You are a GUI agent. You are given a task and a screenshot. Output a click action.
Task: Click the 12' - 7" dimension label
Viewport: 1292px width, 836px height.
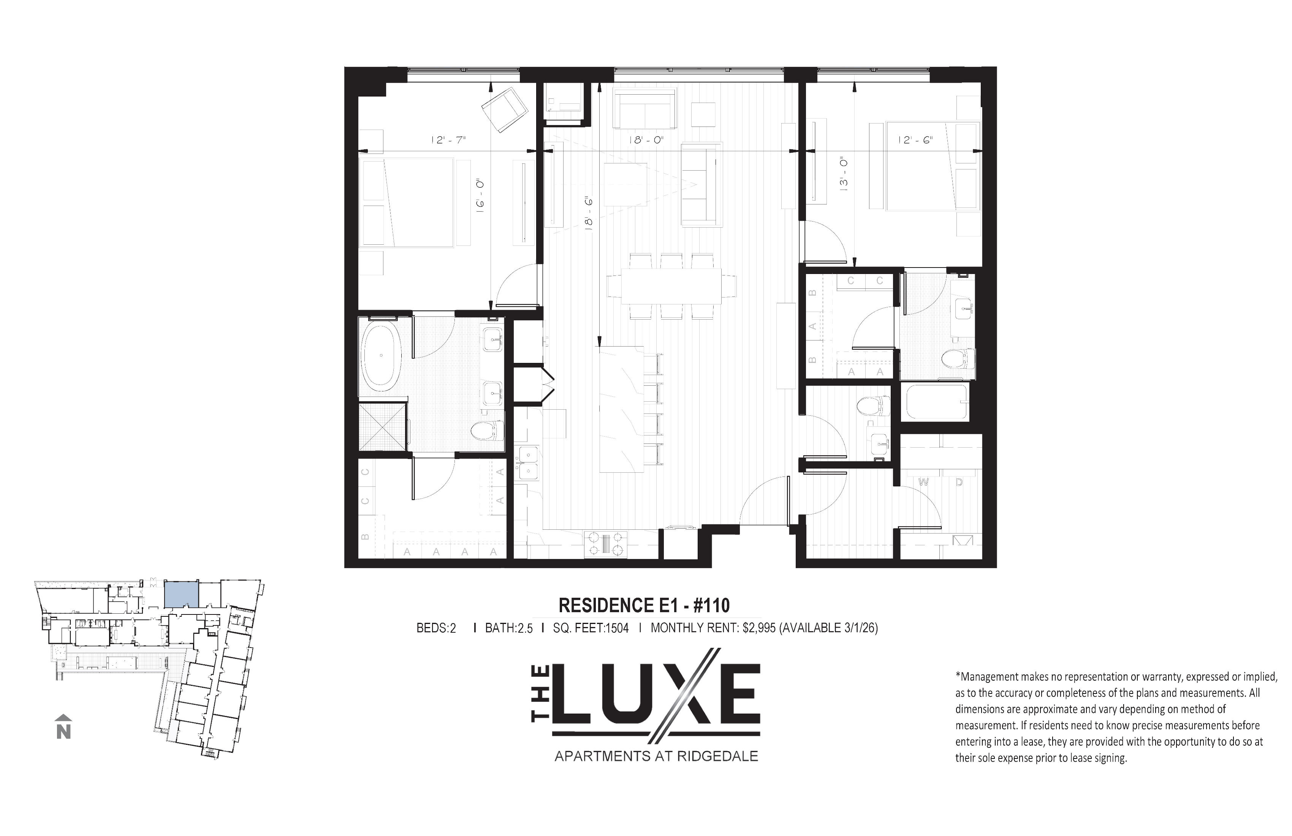[x=448, y=140]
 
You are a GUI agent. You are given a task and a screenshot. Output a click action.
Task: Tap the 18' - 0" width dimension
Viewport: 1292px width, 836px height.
[x=646, y=140]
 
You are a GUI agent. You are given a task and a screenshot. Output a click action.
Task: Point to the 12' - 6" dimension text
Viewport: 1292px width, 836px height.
[x=915, y=140]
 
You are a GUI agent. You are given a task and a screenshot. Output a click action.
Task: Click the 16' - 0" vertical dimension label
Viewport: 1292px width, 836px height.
[x=480, y=196]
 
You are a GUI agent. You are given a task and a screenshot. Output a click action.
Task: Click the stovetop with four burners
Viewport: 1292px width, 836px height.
[x=605, y=543]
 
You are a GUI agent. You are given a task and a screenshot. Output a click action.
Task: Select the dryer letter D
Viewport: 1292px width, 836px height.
[x=959, y=482]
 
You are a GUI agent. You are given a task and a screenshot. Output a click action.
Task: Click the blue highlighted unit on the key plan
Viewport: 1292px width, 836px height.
[x=181, y=594]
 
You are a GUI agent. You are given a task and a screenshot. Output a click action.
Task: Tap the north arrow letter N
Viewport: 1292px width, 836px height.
[x=63, y=732]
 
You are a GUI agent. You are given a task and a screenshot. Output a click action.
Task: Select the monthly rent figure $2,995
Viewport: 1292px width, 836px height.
[x=759, y=628]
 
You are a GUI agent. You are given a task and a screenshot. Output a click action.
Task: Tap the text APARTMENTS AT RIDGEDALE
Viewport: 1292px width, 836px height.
[x=656, y=756]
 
